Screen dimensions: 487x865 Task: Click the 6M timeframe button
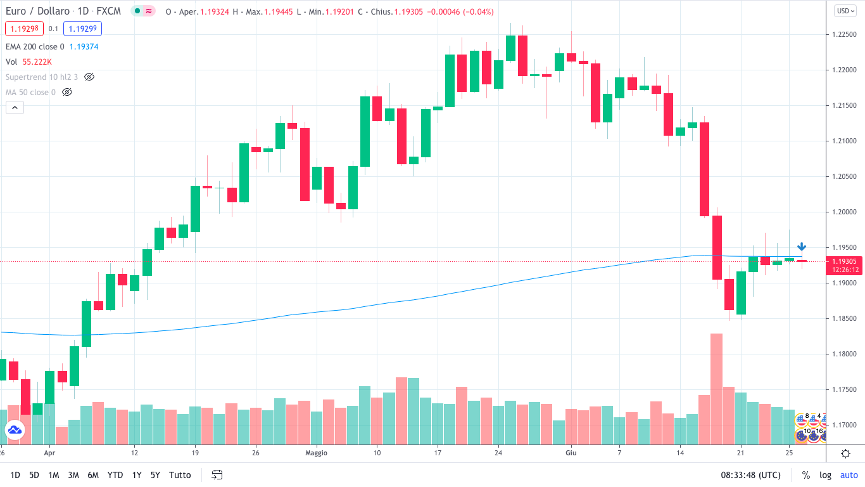(x=93, y=475)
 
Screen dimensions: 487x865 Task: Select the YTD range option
(x=115, y=475)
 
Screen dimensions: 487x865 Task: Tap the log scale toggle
(x=825, y=475)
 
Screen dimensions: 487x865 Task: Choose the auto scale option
(x=849, y=475)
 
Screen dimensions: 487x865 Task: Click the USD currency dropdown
(x=844, y=10)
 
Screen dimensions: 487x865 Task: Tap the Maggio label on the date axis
(x=316, y=453)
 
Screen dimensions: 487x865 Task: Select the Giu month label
(x=571, y=453)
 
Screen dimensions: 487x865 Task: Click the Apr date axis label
(x=50, y=453)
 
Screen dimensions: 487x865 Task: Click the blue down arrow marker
(x=802, y=247)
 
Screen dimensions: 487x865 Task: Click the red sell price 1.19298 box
(x=25, y=29)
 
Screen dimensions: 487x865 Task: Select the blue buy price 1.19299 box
(x=82, y=29)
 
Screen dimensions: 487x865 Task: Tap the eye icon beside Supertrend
(x=89, y=77)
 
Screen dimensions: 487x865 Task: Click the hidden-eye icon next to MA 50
(x=67, y=92)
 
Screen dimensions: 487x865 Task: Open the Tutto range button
(x=180, y=475)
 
